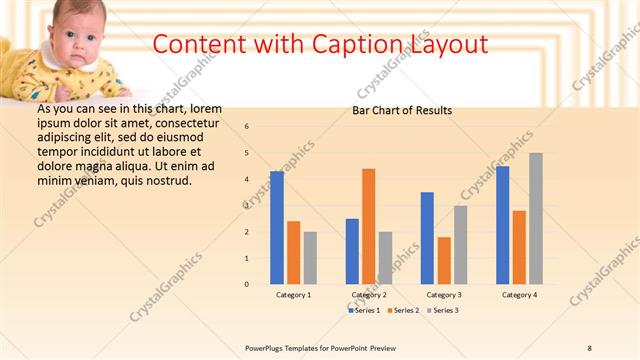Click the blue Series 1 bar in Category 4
502,225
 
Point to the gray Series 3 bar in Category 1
310,258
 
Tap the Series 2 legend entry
403,311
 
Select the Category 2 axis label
369,295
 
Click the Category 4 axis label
519,295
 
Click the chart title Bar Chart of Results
402,110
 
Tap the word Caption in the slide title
361,44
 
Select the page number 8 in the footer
590,347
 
